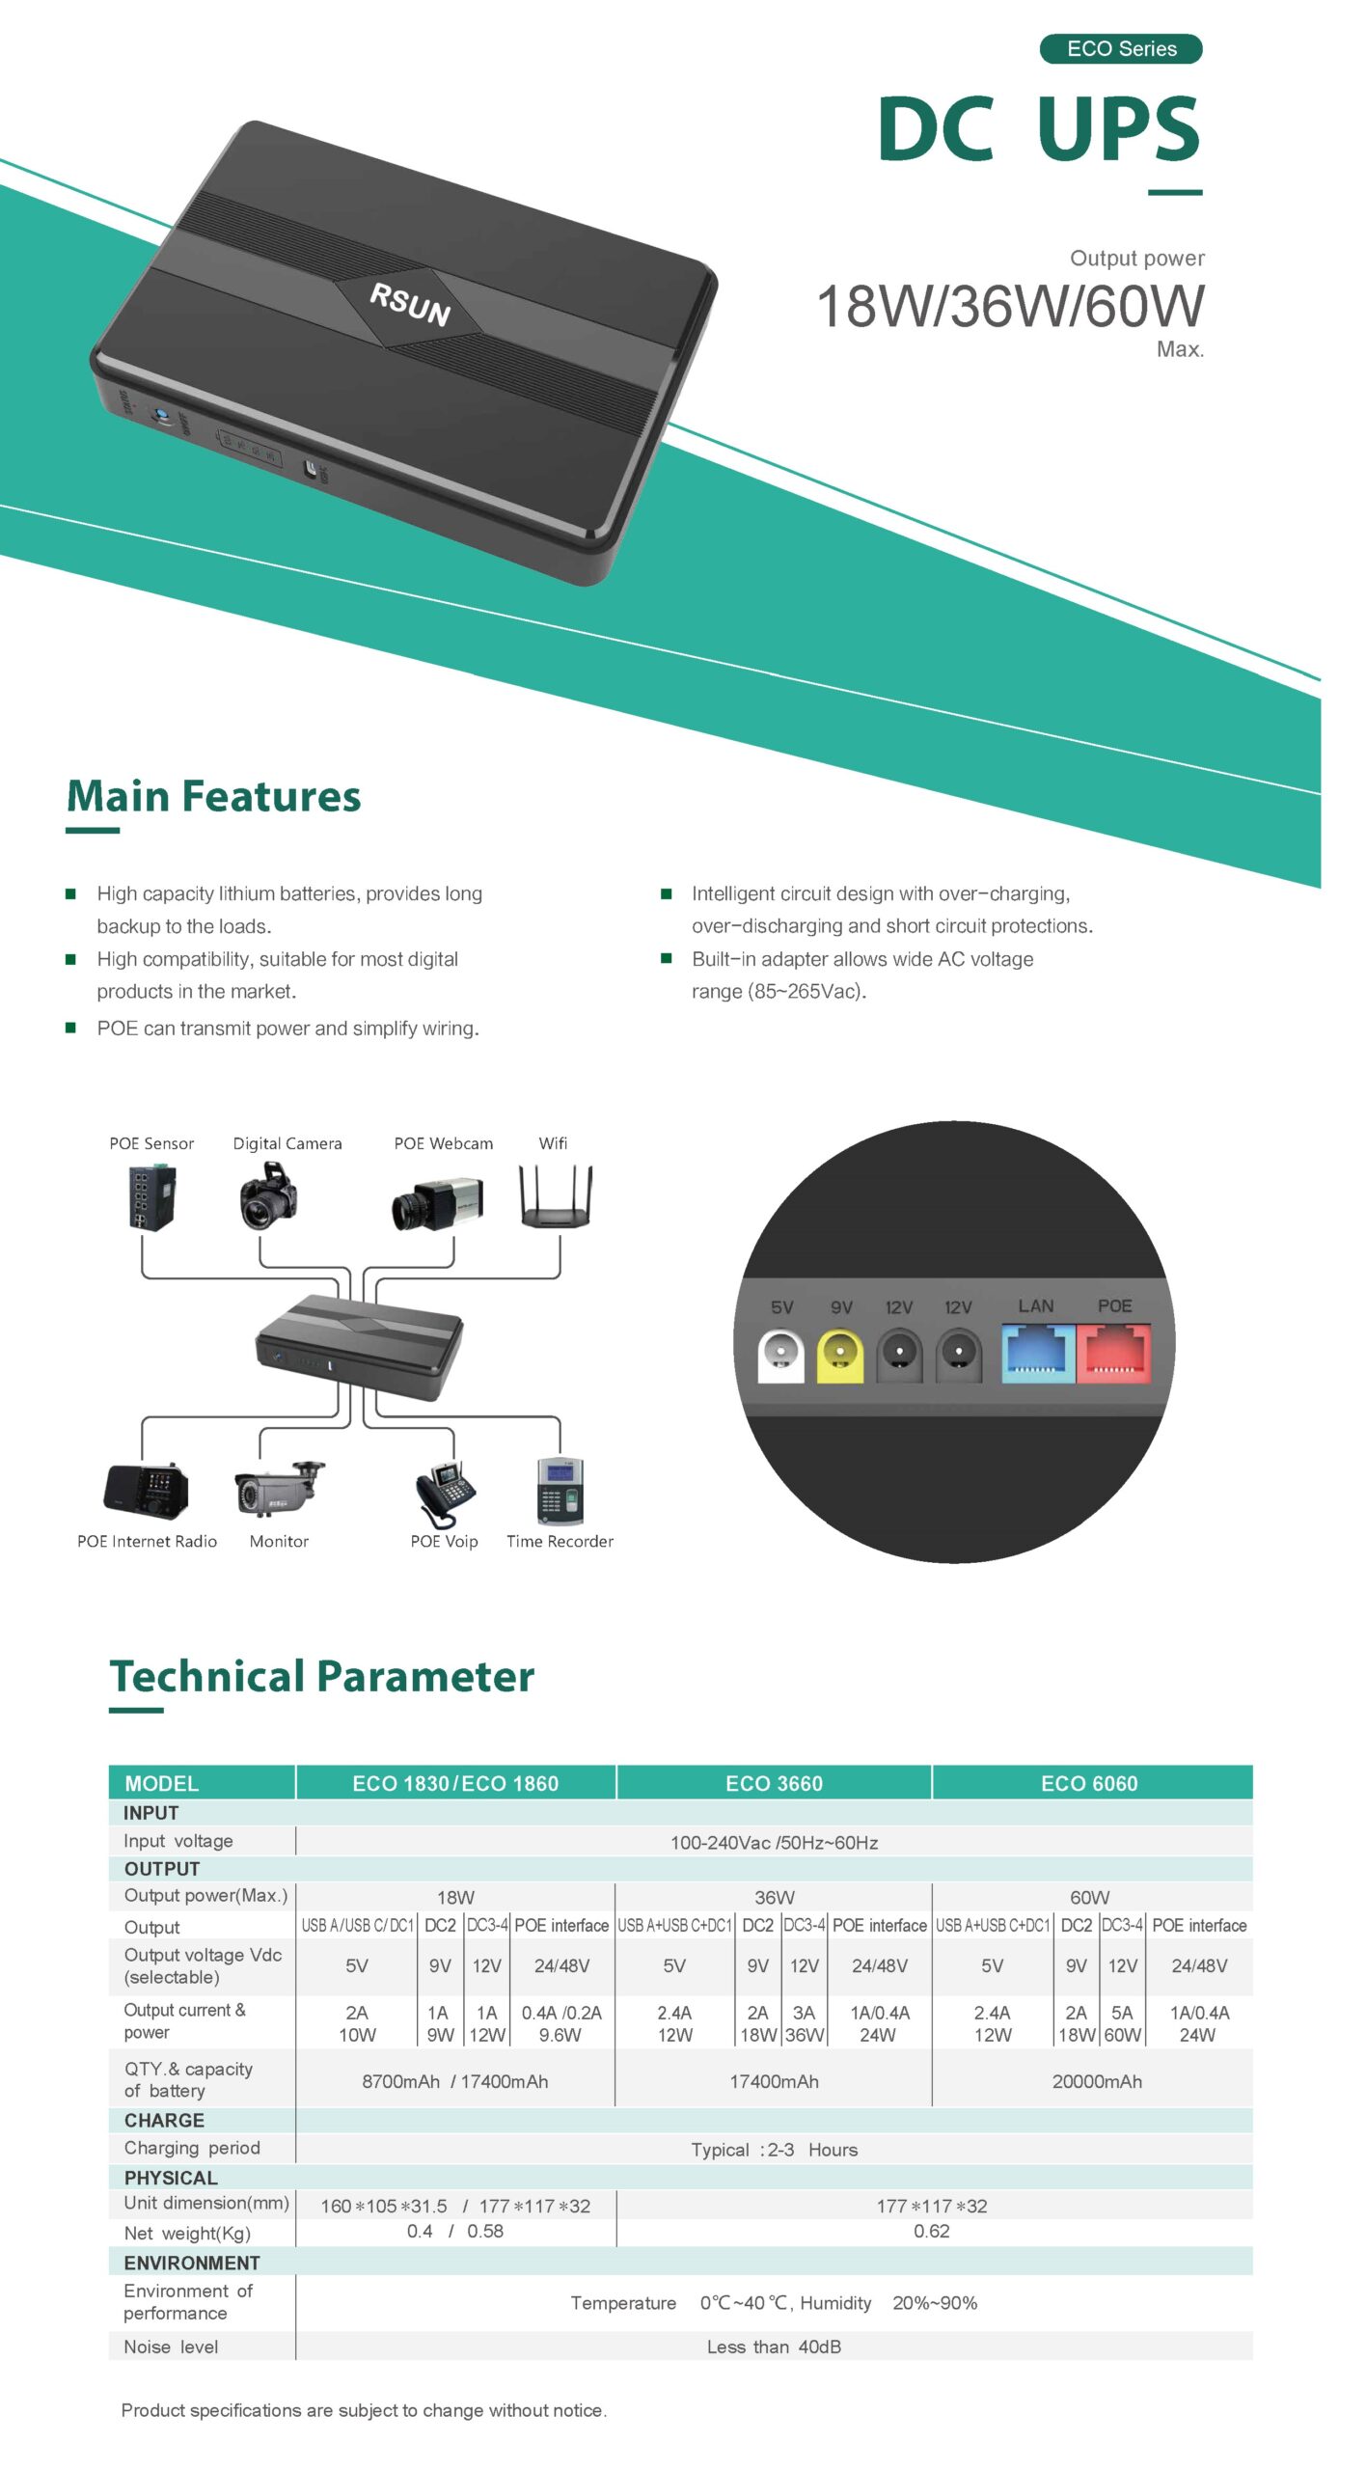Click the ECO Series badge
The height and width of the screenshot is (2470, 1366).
[x=1120, y=48]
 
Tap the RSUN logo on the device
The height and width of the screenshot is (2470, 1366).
[x=410, y=305]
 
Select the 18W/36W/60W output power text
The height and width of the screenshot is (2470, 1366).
[x=1009, y=306]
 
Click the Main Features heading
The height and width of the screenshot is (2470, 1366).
[x=213, y=797]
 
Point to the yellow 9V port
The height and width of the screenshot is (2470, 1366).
[x=839, y=1355]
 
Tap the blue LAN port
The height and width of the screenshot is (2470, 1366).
[x=1037, y=1352]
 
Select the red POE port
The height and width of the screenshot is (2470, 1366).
[x=1114, y=1352]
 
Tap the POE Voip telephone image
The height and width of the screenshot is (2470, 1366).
[x=445, y=1494]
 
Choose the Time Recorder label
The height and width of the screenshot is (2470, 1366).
[x=560, y=1541]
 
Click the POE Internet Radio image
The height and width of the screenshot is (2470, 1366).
[x=146, y=1491]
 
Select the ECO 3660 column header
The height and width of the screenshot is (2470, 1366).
[x=774, y=1783]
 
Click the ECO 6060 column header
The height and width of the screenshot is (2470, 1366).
[x=1089, y=1783]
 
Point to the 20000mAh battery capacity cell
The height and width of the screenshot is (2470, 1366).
[x=1097, y=2081]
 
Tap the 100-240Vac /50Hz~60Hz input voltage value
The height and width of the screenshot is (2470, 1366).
[x=774, y=1842]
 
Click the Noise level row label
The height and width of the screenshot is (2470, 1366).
[x=171, y=2346]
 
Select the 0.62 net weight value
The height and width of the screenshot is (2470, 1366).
[x=931, y=2231]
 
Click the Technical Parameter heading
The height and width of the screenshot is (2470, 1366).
[x=321, y=1677]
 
